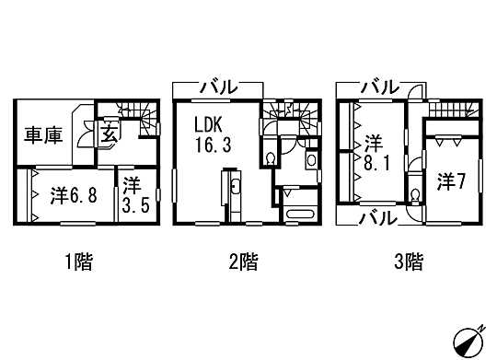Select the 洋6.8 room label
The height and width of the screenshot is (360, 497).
[x=70, y=195]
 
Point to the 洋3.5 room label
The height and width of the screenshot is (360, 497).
[x=132, y=193]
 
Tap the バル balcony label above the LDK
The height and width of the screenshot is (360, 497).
[x=218, y=88]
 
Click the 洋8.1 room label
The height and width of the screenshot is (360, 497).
[x=373, y=153]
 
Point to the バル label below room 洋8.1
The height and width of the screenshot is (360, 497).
[x=377, y=218]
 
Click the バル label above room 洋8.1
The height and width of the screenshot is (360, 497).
[x=378, y=87]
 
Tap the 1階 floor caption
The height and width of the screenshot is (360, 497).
[x=78, y=262]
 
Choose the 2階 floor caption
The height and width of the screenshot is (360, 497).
[x=243, y=262]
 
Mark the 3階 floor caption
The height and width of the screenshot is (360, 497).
[x=409, y=262]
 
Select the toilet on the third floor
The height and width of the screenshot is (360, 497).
[x=416, y=196]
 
